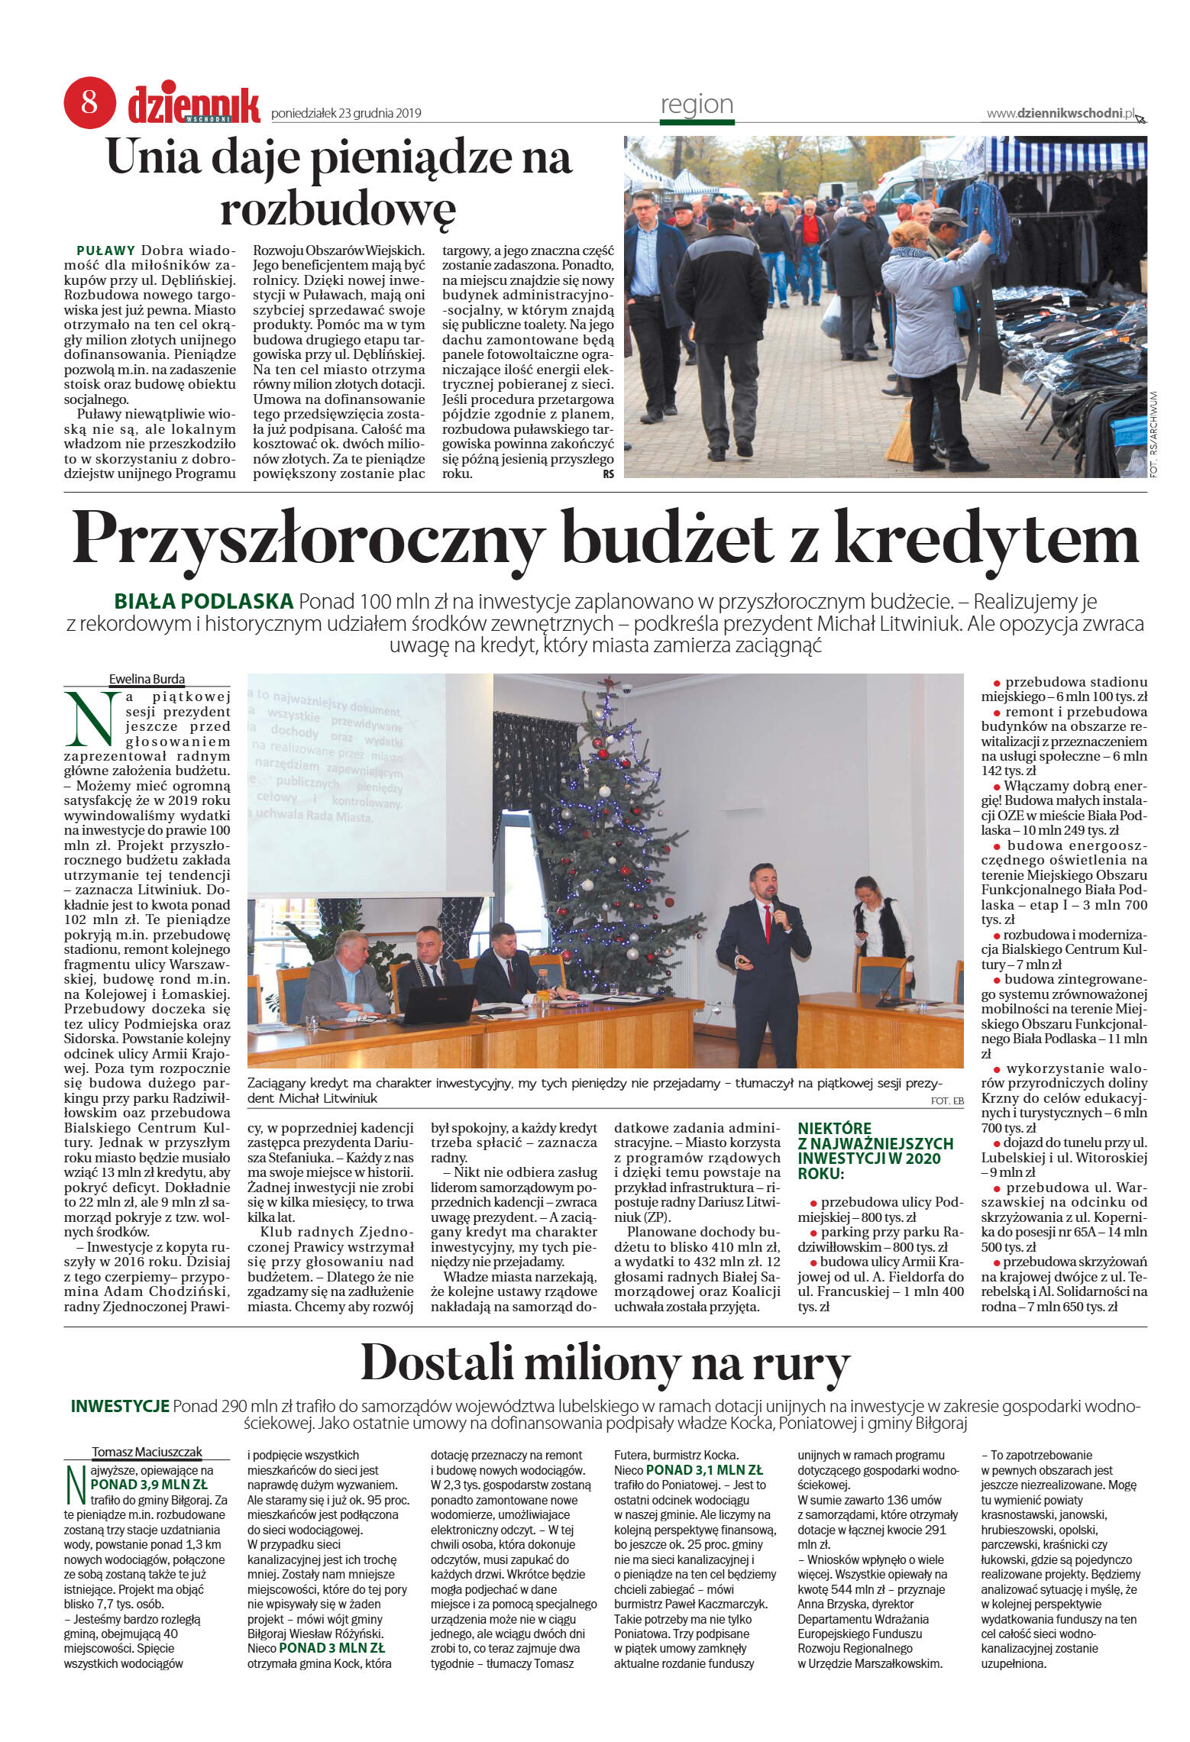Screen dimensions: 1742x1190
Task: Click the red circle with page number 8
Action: (89, 102)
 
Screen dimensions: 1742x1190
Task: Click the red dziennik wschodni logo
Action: (194, 105)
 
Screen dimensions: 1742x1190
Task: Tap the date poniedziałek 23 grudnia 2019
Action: (346, 114)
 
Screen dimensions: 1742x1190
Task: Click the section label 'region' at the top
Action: (696, 105)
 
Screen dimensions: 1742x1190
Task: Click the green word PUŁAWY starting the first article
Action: (106, 250)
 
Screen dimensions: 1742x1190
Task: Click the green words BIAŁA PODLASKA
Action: (204, 601)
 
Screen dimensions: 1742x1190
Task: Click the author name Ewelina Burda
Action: (147, 679)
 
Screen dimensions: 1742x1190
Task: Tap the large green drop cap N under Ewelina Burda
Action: (91, 719)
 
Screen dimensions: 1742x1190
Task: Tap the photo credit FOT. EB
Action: (946, 1100)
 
